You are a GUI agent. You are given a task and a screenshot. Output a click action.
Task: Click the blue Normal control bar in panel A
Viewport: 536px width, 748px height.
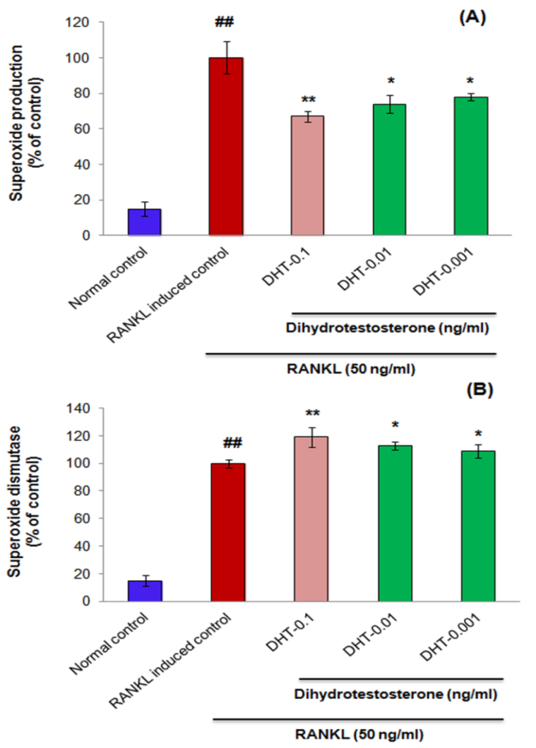click(144, 222)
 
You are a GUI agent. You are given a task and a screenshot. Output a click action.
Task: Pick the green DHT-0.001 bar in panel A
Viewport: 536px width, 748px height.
click(471, 167)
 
